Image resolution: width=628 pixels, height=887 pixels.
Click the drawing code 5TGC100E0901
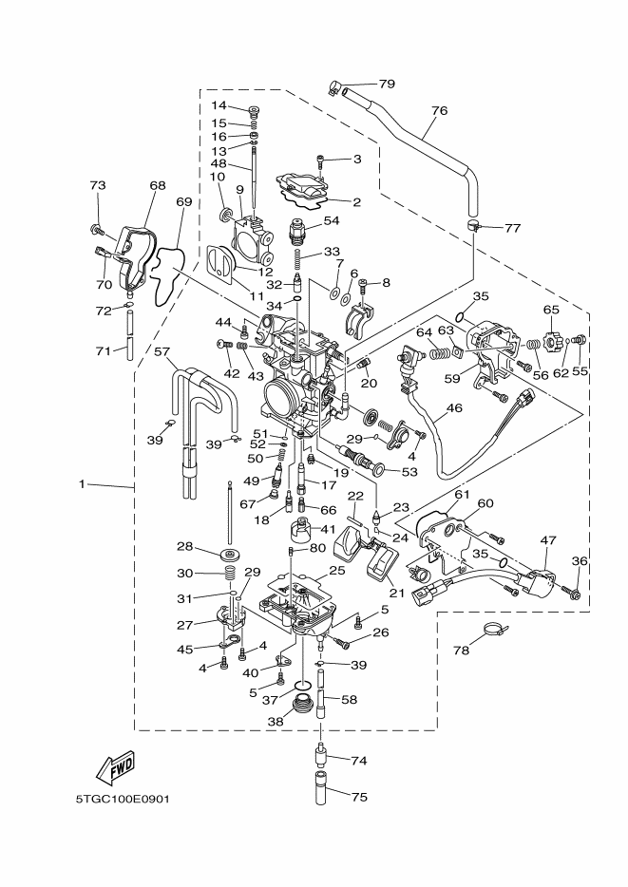(x=123, y=799)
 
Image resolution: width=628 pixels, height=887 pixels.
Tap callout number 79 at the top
(x=387, y=85)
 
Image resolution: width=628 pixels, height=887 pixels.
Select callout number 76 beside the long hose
(x=438, y=111)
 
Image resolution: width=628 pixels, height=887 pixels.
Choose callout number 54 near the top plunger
(x=332, y=220)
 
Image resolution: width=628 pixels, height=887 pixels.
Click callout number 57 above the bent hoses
(x=162, y=351)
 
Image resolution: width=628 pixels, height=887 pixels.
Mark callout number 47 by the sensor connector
(x=547, y=539)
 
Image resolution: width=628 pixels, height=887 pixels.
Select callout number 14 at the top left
(x=219, y=105)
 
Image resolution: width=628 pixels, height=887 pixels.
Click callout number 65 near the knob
(x=551, y=310)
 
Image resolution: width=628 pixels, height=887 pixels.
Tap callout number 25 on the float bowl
(x=337, y=571)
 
